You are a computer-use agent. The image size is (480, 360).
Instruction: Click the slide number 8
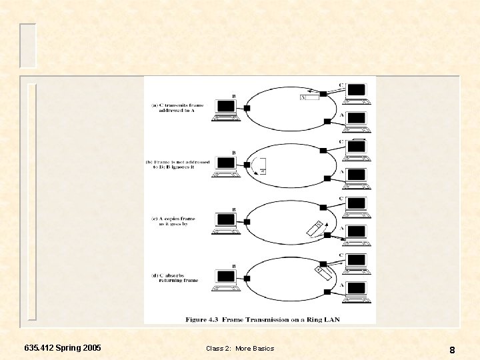tap(452, 349)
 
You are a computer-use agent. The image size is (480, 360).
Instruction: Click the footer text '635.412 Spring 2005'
tap(63, 348)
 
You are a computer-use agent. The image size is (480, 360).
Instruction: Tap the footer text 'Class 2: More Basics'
tap(240, 349)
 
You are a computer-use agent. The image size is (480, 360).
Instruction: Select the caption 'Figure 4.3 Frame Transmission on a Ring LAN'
tap(263, 319)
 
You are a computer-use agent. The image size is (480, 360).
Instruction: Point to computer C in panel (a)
tap(357, 92)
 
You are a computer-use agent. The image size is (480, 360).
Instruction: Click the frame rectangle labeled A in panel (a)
tap(310, 97)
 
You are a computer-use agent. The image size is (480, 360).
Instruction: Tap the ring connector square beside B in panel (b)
tap(247, 164)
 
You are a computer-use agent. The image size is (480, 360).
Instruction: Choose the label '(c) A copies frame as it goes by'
tap(176, 221)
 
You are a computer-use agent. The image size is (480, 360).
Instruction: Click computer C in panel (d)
tap(357, 262)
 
